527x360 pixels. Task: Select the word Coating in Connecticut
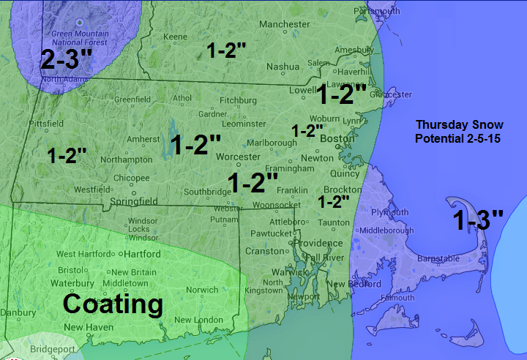pyautogui.click(x=112, y=304)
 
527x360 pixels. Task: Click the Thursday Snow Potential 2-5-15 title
pyautogui.click(x=457, y=131)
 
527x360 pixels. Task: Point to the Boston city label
pyautogui.click(x=337, y=139)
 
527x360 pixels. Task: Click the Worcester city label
pyautogui.click(x=238, y=157)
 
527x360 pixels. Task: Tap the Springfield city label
pyautogui.click(x=134, y=201)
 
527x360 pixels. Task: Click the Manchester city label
pyautogui.click(x=285, y=24)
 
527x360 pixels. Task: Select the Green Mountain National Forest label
pyautogui.click(x=79, y=37)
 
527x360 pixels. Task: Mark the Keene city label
pyautogui.click(x=175, y=37)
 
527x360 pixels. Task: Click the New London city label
pyautogui.click(x=198, y=320)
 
